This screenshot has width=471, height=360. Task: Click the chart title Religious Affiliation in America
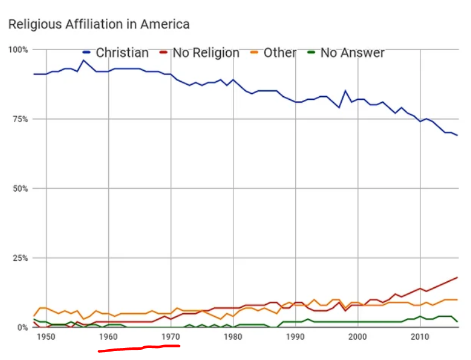click(98, 24)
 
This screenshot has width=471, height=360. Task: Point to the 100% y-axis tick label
click(17, 49)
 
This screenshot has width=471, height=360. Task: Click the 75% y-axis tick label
click(19, 119)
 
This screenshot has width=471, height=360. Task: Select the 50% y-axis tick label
click(19, 189)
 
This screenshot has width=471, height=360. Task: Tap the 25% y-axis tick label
click(19, 258)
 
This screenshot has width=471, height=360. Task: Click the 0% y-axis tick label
click(22, 328)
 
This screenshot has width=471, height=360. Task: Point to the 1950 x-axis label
click(46, 337)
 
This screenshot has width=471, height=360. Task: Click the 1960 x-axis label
click(108, 337)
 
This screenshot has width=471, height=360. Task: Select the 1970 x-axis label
click(171, 337)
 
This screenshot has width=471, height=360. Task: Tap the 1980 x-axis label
click(233, 337)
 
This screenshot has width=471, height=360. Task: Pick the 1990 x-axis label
click(295, 337)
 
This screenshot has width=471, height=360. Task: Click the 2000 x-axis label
click(358, 337)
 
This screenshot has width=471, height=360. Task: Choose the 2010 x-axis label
click(420, 337)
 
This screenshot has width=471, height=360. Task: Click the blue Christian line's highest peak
click(84, 60)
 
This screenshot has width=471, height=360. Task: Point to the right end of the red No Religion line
click(458, 278)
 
